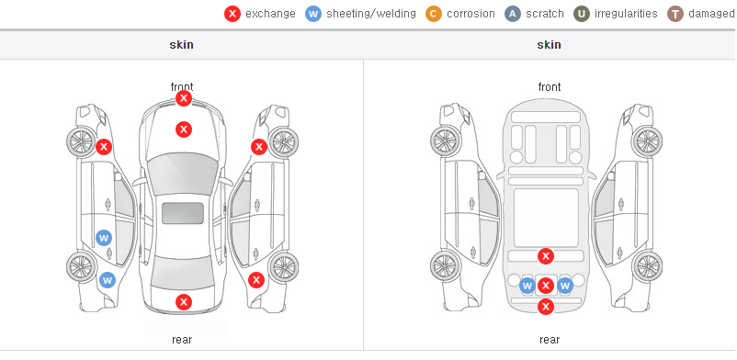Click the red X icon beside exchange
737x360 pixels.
coord(232,14)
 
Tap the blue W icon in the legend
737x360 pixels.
coord(313,14)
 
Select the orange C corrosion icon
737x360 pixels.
coord(434,14)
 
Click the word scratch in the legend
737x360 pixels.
coord(545,14)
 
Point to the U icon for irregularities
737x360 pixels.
coord(582,14)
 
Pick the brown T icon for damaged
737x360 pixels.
coord(675,14)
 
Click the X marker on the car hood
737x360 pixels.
coord(184,129)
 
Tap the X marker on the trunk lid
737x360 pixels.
coord(184,302)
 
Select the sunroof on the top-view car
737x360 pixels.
coord(183,213)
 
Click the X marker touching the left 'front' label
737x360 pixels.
coord(184,98)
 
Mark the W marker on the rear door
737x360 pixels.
coord(104,238)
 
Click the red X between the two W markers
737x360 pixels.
coord(546,286)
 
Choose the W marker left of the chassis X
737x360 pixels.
coord(527,286)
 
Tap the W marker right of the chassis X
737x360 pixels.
coord(564,286)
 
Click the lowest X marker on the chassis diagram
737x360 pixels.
coord(546,307)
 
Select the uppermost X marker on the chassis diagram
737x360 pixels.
coord(546,256)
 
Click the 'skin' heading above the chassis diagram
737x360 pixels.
coord(549,45)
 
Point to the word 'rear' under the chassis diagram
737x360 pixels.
coord(550,340)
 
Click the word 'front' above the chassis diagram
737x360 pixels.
coord(550,87)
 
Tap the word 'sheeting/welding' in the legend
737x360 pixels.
coord(371,14)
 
